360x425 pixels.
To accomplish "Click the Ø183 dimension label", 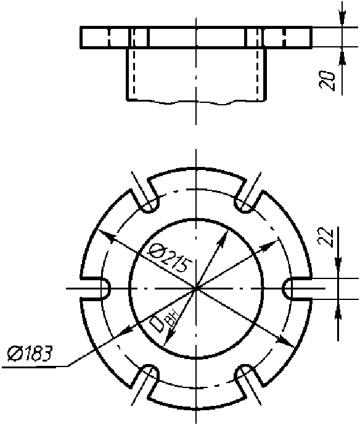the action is pos(30,354).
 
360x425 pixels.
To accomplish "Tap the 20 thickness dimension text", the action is pos(327,81).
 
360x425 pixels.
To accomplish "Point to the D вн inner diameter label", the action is pos(165,321).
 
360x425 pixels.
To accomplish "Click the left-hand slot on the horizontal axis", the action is pos(96,289).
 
